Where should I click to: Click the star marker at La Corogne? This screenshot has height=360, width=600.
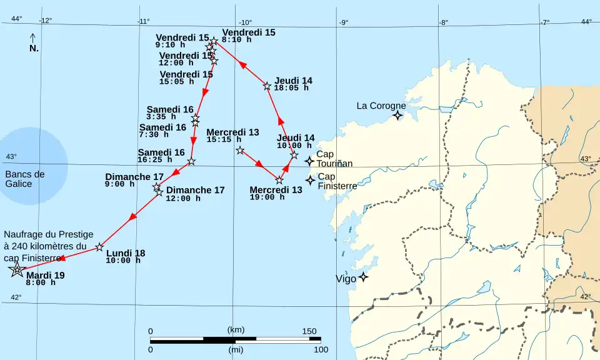click(x=397, y=115)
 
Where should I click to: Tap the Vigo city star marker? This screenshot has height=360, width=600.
click(x=362, y=276)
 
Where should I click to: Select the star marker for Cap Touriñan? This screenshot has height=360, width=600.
click(x=309, y=161)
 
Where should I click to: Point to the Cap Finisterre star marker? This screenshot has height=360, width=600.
click(x=310, y=180)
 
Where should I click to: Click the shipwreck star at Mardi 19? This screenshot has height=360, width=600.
click(x=17, y=270)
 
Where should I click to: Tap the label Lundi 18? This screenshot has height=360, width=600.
click(x=125, y=253)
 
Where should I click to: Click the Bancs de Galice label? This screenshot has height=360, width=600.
click(x=25, y=179)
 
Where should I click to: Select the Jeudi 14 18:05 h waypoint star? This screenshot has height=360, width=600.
click(x=267, y=86)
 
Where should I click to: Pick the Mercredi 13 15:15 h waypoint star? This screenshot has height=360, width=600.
click(x=240, y=150)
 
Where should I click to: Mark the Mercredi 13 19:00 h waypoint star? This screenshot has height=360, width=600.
click(x=279, y=181)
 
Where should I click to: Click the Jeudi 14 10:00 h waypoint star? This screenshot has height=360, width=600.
click(x=294, y=154)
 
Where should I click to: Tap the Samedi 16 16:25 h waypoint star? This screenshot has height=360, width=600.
click(x=191, y=161)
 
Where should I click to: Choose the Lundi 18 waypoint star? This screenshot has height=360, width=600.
click(x=99, y=247)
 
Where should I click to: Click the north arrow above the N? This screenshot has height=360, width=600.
click(x=33, y=37)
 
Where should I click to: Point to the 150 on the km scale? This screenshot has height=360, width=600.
click(x=309, y=331)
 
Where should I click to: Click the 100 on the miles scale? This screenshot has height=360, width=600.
click(x=321, y=349)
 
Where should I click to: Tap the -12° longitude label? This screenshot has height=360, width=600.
click(x=45, y=20)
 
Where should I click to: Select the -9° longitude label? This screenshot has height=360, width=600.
click(x=343, y=22)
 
